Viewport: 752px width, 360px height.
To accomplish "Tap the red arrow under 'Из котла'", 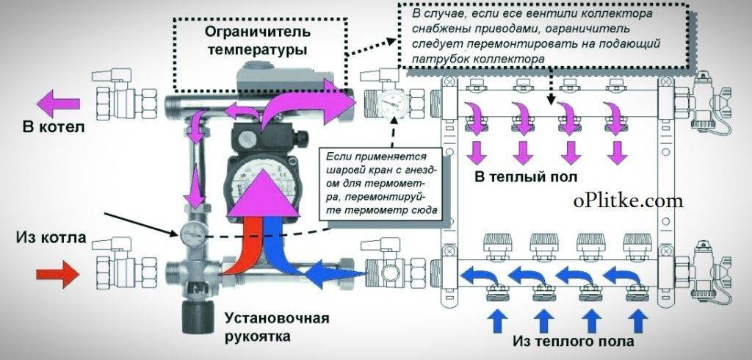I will tap(57, 276).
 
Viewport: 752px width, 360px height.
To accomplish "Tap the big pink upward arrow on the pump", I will tap(261, 200).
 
